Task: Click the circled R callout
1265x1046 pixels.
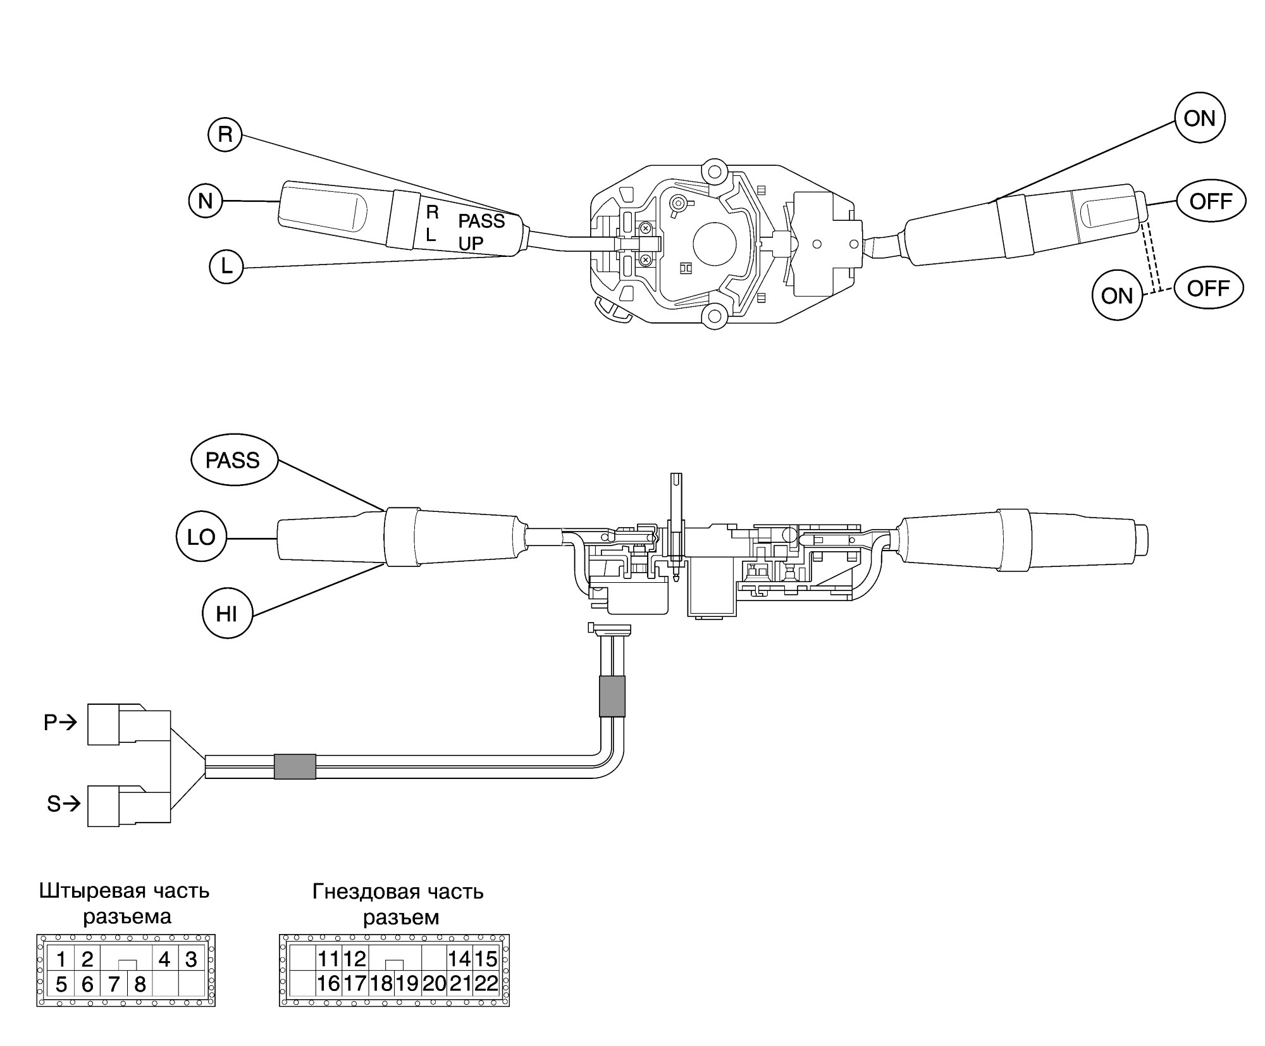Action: pyautogui.click(x=225, y=134)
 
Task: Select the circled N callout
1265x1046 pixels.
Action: pyautogui.click(x=206, y=201)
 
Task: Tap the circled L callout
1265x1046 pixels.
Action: pyautogui.click(x=226, y=266)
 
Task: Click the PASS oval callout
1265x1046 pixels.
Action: pyautogui.click(x=234, y=460)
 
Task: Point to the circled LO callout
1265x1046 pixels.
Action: pyautogui.click(x=201, y=537)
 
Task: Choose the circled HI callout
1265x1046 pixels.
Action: pyautogui.click(x=227, y=613)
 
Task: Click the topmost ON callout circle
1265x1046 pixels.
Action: pyautogui.click(x=1199, y=118)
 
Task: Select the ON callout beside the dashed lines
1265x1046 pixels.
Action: pyautogui.click(x=1117, y=296)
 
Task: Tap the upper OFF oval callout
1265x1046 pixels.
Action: pyautogui.click(x=1211, y=201)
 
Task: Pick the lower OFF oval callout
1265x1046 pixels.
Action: pyautogui.click(x=1208, y=288)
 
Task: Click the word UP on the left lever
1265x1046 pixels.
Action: pyautogui.click(x=471, y=243)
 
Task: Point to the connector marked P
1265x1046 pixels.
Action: pyautogui.click(x=129, y=724)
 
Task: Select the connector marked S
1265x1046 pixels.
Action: pyautogui.click(x=129, y=806)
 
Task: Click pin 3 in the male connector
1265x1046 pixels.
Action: pyautogui.click(x=191, y=959)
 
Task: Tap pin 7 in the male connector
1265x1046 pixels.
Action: pyautogui.click(x=114, y=984)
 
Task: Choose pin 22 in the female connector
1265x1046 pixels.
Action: pyautogui.click(x=486, y=983)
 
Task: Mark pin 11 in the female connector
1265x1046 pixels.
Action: pyautogui.click(x=329, y=959)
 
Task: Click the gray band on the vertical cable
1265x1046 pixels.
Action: pyautogui.click(x=612, y=696)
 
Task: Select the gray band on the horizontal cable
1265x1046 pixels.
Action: pyautogui.click(x=295, y=766)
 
